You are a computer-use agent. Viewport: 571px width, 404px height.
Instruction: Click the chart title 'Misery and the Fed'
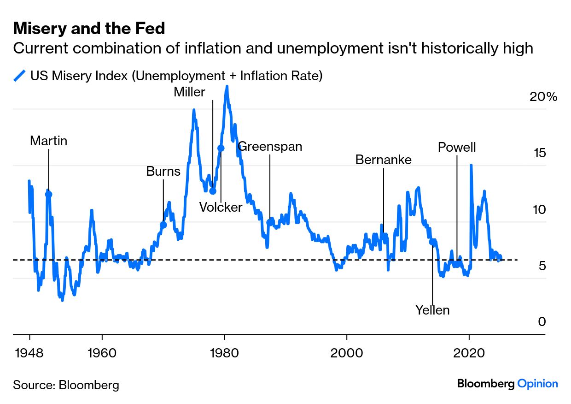coord(89,29)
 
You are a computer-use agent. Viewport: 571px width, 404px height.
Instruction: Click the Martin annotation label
coord(48,141)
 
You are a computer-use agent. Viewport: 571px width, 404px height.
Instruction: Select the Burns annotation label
coord(163,172)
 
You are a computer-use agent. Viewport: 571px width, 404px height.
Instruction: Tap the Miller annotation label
coord(189,92)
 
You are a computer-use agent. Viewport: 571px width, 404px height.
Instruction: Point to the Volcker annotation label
coord(221,208)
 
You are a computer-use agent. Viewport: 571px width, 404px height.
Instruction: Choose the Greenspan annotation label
coord(270,147)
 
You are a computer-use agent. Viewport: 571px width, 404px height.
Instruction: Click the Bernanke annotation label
coord(384,160)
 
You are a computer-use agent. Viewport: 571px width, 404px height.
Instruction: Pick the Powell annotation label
coord(457,148)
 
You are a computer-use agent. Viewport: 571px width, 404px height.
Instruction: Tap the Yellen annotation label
coord(432,310)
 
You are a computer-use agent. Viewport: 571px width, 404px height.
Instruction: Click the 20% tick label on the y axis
coord(543,97)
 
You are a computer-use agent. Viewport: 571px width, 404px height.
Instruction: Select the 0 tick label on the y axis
coord(542,322)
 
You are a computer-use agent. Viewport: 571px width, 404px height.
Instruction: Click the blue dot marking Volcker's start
coord(221,148)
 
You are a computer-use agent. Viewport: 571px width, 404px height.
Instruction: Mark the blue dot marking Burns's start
coord(163,225)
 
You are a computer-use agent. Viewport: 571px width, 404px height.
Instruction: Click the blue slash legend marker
coord(20,76)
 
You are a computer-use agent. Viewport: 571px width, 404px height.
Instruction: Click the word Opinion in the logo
coord(537,384)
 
